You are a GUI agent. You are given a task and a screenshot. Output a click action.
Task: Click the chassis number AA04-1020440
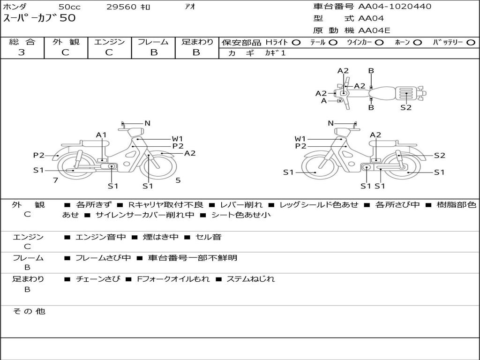[x=395, y=7]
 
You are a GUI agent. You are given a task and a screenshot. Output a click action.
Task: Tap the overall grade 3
[x=22, y=52]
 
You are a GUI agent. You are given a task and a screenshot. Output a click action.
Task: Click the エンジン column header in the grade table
[x=109, y=42]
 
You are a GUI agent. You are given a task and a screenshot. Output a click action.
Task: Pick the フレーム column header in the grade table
[x=153, y=42]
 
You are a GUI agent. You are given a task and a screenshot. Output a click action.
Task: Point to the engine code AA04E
[x=374, y=30]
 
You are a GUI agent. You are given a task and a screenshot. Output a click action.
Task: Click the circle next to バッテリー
[x=471, y=43]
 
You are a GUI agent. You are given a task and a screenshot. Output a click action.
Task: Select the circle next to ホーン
[x=417, y=43]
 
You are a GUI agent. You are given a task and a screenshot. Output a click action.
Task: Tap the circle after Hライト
[x=296, y=43]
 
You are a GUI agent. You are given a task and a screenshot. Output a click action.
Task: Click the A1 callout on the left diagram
[x=101, y=135]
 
